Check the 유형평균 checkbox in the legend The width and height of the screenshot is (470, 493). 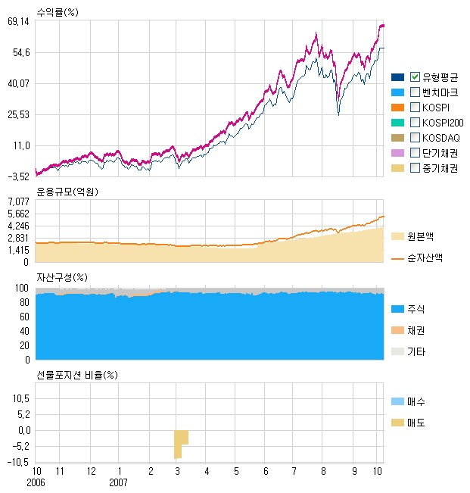pyautogui.click(x=415, y=76)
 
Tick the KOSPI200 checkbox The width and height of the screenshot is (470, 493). pyautogui.click(x=415, y=122)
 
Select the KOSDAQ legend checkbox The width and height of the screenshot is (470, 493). pyautogui.click(x=415, y=137)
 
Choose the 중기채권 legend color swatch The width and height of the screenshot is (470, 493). pyautogui.click(x=398, y=168)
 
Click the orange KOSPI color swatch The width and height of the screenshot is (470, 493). pyautogui.click(x=398, y=107)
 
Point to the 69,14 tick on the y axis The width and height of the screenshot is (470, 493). pyautogui.click(x=17, y=22)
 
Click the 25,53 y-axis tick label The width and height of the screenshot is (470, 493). pyautogui.click(x=17, y=114)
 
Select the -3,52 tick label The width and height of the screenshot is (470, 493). pyautogui.click(x=17, y=176)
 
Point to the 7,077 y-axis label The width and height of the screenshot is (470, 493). pyautogui.click(x=18, y=201)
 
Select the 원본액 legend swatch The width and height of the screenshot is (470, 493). pyautogui.click(x=398, y=236)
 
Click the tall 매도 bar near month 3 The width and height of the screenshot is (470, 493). pyautogui.click(x=177, y=444)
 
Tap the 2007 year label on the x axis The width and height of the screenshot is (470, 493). pyautogui.click(x=119, y=481)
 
